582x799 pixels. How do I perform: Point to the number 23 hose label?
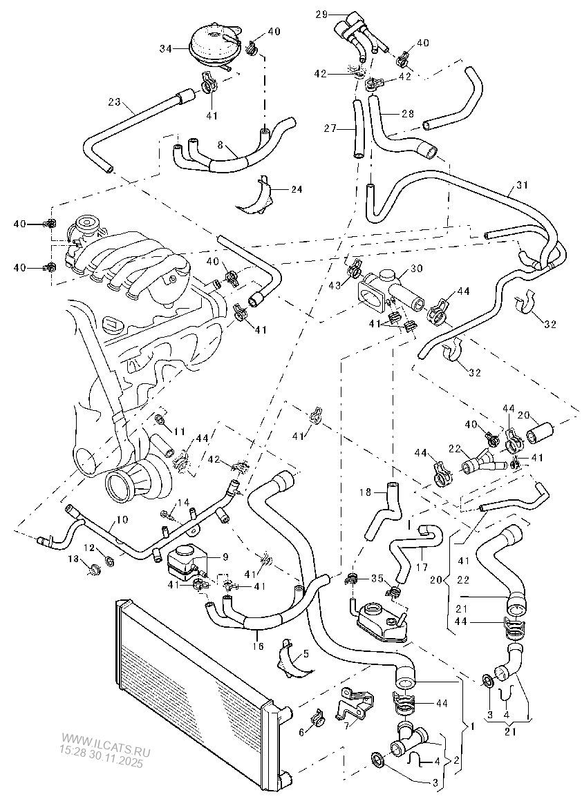(114, 104)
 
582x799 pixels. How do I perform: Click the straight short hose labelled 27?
(357, 129)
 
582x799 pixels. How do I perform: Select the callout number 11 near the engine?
(180, 432)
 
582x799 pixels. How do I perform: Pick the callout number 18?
(366, 492)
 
